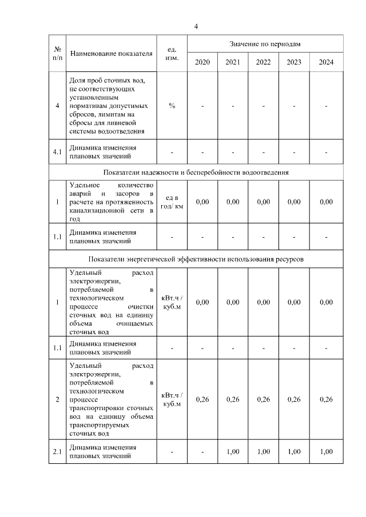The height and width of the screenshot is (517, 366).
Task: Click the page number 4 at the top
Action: coord(196,26)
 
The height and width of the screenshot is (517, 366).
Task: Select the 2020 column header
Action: coord(202,62)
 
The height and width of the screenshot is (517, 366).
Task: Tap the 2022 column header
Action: coord(264,62)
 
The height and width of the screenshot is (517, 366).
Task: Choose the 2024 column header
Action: coord(326,62)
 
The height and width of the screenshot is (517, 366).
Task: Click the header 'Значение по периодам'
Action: coord(265,43)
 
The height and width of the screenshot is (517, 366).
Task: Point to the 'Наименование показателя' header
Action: coord(111,54)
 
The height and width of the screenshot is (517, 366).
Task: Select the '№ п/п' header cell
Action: coord(57,53)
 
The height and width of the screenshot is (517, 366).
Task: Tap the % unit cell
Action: coord(172,106)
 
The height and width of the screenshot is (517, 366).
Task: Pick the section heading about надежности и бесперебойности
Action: coord(196,172)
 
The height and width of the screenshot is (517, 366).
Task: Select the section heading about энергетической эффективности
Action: coord(196,258)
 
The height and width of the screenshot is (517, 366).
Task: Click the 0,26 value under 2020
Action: coord(202,399)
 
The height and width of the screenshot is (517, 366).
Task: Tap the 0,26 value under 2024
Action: coord(326,399)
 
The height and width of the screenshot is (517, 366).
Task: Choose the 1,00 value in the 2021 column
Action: coord(233,452)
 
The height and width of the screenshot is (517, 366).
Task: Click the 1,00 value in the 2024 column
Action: coord(326,452)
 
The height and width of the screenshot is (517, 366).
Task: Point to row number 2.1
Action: coord(57,452)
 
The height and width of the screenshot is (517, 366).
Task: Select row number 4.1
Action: coord(57,151)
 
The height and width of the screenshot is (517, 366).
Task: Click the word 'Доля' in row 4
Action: coord(77,80)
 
